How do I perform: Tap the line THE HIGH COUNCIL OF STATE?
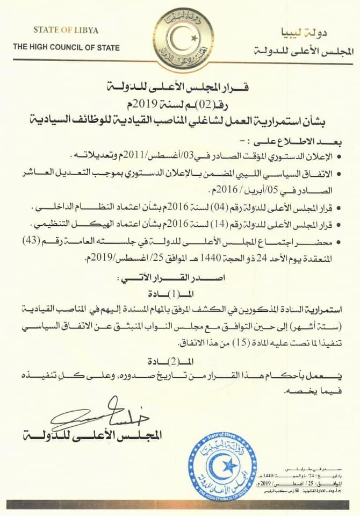(67, 47)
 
